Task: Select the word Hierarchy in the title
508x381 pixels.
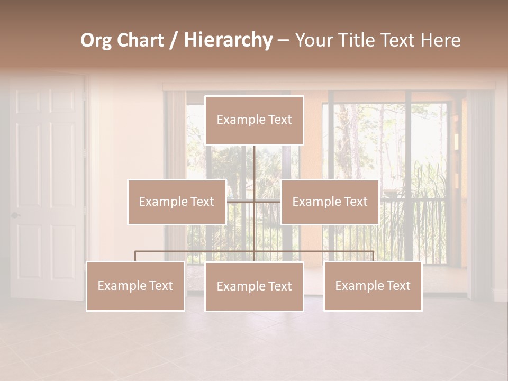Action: pyautogui.click(x=228, y=41)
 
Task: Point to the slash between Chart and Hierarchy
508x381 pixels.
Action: pyautogui.click(x=174, y=41)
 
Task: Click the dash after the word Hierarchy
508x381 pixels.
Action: pyautogui.click(x=283, y=41)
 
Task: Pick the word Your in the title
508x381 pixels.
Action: pyautogui.click(x=312, y=41)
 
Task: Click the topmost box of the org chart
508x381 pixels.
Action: pyautogui.click(x=254, y=120)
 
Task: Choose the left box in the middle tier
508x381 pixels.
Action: pyautogui.click(x=177, y=202)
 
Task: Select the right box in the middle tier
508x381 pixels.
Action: pyautogui.click(x=330, y=202)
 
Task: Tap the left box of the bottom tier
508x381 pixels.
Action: pyautogui.click(x=135, y=286)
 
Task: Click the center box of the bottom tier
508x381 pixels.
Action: pyautogui.click(x=254, y=287)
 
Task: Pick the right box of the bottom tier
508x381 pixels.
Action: pyautogui.click(x=373, y=286)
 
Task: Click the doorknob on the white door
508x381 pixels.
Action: pyautogui.click(x=15, y=215)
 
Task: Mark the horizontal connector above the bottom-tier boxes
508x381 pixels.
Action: pyautogui.click(x=196, y=252)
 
